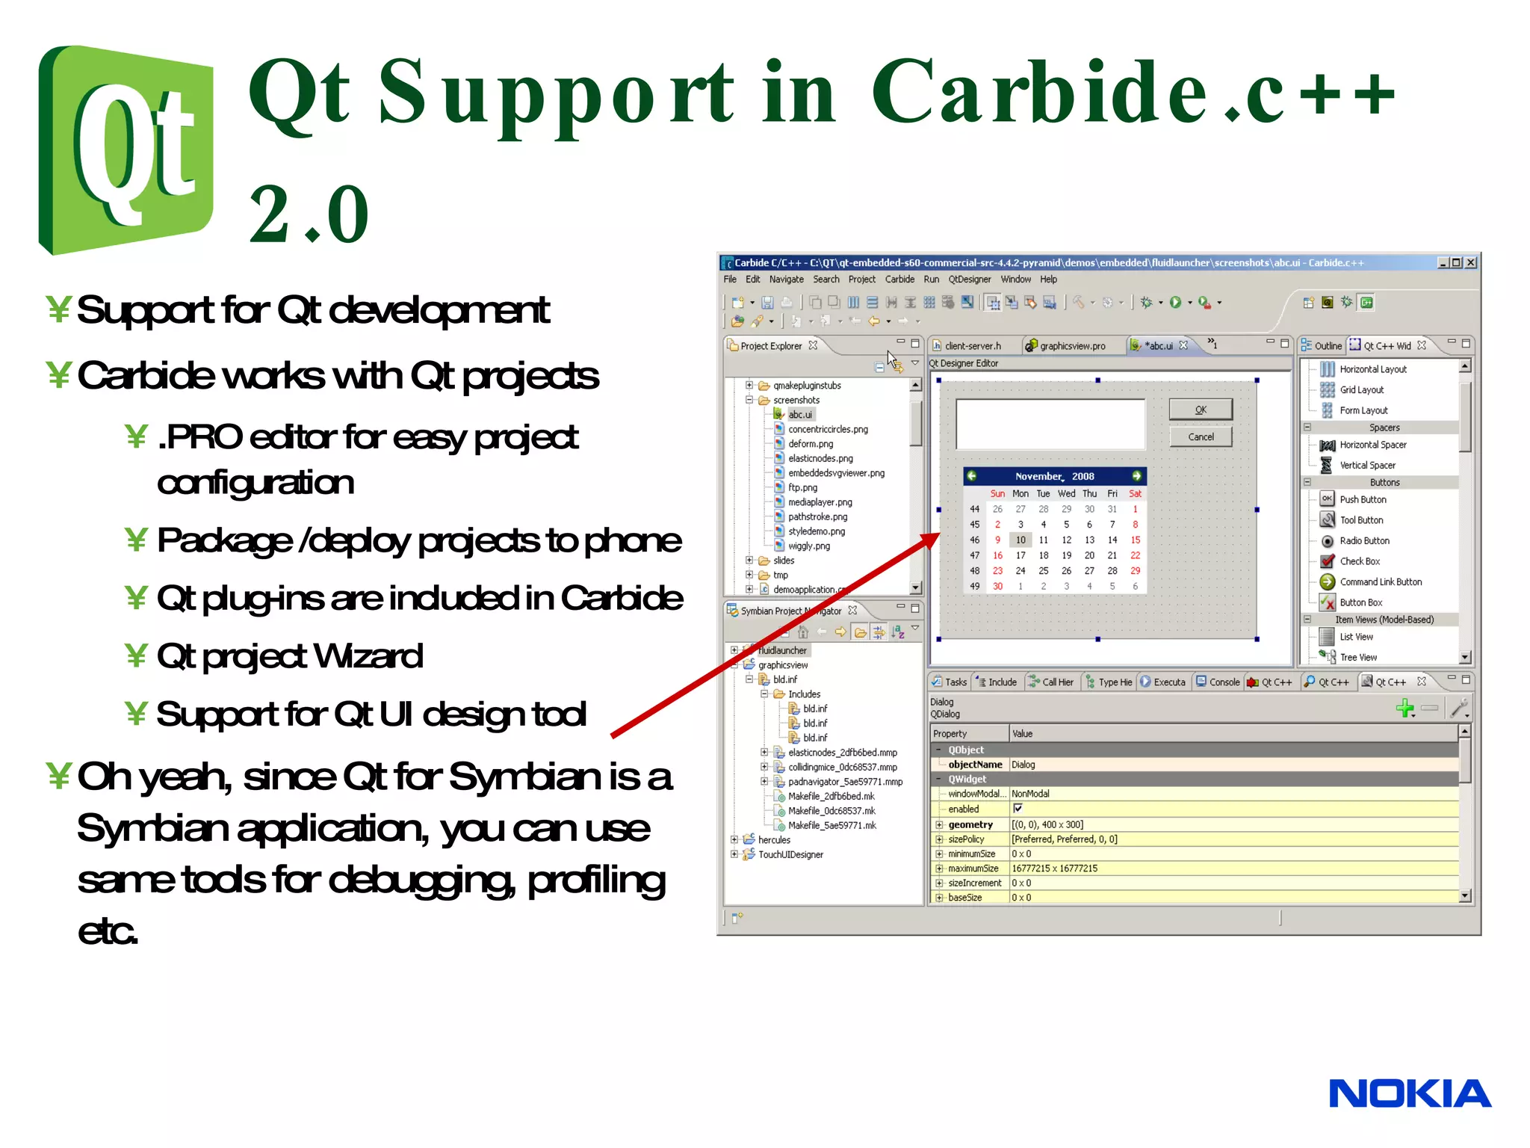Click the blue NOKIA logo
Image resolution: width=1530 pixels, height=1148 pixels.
click(x=1409, y=1094)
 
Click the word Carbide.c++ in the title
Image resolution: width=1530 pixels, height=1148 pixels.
click(x=1132, y=93)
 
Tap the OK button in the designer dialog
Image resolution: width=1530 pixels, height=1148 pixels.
click(x=1201, y=410)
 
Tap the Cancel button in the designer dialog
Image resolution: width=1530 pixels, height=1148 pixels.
click(x=1201, y=437)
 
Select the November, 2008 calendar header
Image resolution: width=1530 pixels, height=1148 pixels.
click(x=1054, y=476)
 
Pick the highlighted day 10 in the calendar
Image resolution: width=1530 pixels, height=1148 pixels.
click(x=1020, y=540)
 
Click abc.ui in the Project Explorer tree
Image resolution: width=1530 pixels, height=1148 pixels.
click(x=799, y=415)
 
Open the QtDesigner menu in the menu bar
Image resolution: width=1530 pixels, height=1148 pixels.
click(x=969, y=280)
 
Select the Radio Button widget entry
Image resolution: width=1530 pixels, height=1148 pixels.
click(x=1364, y=540)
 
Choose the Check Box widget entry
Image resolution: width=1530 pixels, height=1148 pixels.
click(x=1359, y=561)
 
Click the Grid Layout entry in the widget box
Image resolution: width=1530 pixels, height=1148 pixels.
click(x=1361, y=389)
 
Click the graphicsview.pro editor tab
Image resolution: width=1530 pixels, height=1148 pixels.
click(x=1071, y=346)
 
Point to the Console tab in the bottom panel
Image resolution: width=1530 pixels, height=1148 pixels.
click(x=1223, y=682)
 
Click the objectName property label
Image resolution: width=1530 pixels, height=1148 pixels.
click(x=974, y=765)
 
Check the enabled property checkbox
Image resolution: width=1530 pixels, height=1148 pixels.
click(x=1018, y=809)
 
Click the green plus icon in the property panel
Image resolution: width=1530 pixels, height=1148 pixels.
click(x=1404, y=707)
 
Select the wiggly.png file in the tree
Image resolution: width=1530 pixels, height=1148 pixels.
click(x=808, y=546)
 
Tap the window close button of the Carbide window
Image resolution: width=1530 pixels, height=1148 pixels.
click(x=1470, y=262)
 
